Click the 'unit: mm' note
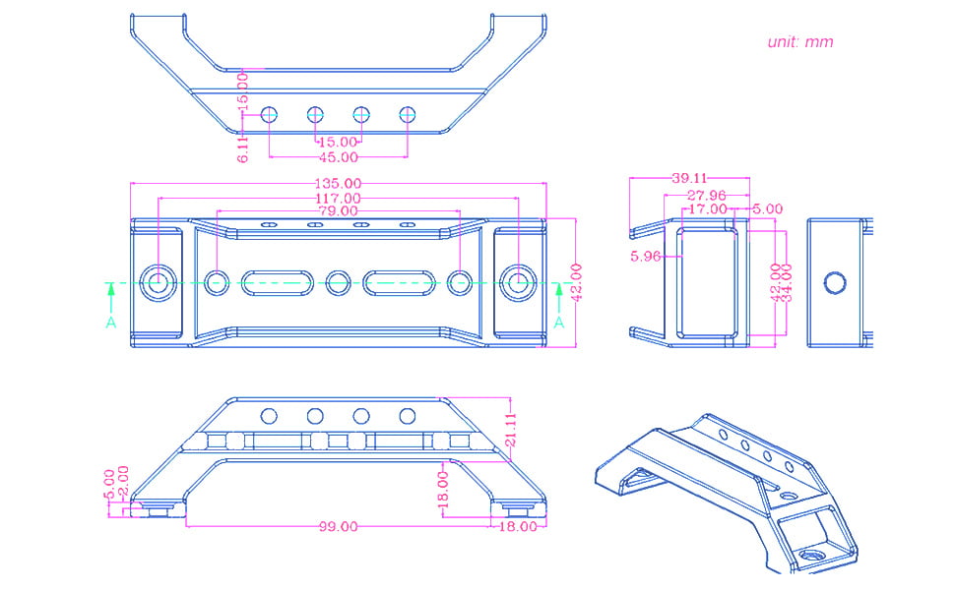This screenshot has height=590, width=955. pyautogui.click(x=799, y=42)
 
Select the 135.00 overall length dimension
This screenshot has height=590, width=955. pyautogui.click(x=338, y=183)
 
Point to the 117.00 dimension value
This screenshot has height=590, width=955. pyautogui.click(x=338, y=198)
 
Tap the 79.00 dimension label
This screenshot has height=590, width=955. pyautogui.click(x=338, y=211)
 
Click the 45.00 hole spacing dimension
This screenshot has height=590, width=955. pyautogui.click(x=338, y=157)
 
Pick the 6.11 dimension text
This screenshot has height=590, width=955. pyautogui.click(x=242, y=147)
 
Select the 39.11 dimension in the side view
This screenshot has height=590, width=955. pyautogui.click(x=690, y=178)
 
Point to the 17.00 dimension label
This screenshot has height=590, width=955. pyautogui.click(x=709, y=208)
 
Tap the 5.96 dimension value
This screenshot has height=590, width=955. pyautogui.click(x=647, y=257)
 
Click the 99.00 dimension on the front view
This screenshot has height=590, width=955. pyautogui.click(x=338, y=526)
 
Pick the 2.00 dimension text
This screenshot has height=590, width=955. pyautogui.click(x=123, y=481)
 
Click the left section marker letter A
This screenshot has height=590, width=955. pyautogui.click(x=110, y=323)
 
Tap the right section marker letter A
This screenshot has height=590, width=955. pyautogui.click(x=558, y=323)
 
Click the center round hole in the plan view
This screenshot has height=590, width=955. pyautogui.click(x=338, y=283)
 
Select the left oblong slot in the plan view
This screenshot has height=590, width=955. pyautogui.click(x=277, y=283)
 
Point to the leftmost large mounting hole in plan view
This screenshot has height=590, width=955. pyautogui.click(x=157, y=283)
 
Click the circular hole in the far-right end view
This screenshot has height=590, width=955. pyautogui.click(x=835, y=283)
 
